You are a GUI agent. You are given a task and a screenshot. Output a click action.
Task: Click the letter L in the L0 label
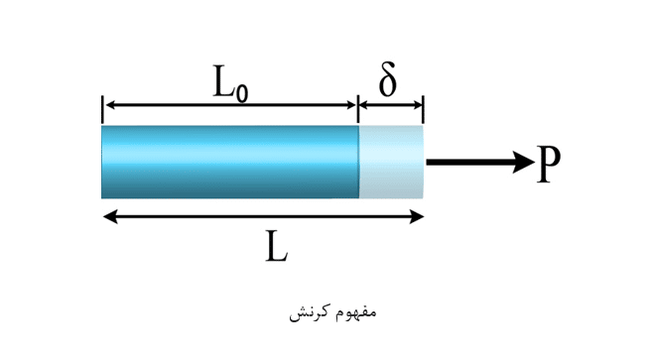224,81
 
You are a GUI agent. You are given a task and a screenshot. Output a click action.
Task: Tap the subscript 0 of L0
242,92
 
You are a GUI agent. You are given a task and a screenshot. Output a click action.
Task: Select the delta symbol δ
387,79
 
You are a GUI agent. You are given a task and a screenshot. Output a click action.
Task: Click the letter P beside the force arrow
549,164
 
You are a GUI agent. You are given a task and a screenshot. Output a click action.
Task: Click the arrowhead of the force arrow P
523,162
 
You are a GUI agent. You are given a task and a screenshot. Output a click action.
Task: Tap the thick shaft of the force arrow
469,162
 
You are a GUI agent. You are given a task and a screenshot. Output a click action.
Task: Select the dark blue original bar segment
230,162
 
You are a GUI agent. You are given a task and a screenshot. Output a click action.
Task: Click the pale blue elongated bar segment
391,162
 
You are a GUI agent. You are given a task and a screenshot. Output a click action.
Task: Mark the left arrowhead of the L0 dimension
110,105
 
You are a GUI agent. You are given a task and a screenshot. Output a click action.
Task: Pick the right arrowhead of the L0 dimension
349,105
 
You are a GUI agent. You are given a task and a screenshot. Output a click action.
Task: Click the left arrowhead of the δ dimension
365,105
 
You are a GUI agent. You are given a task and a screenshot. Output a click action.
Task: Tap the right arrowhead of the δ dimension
416,105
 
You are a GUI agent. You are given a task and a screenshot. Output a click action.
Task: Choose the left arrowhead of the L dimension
110,216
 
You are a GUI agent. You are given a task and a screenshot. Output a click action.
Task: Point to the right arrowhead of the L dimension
417,216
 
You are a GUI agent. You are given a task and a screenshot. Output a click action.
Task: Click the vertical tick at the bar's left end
102,109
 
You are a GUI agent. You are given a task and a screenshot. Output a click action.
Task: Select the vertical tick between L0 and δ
358,109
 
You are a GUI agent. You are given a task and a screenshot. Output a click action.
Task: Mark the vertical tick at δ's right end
423,109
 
